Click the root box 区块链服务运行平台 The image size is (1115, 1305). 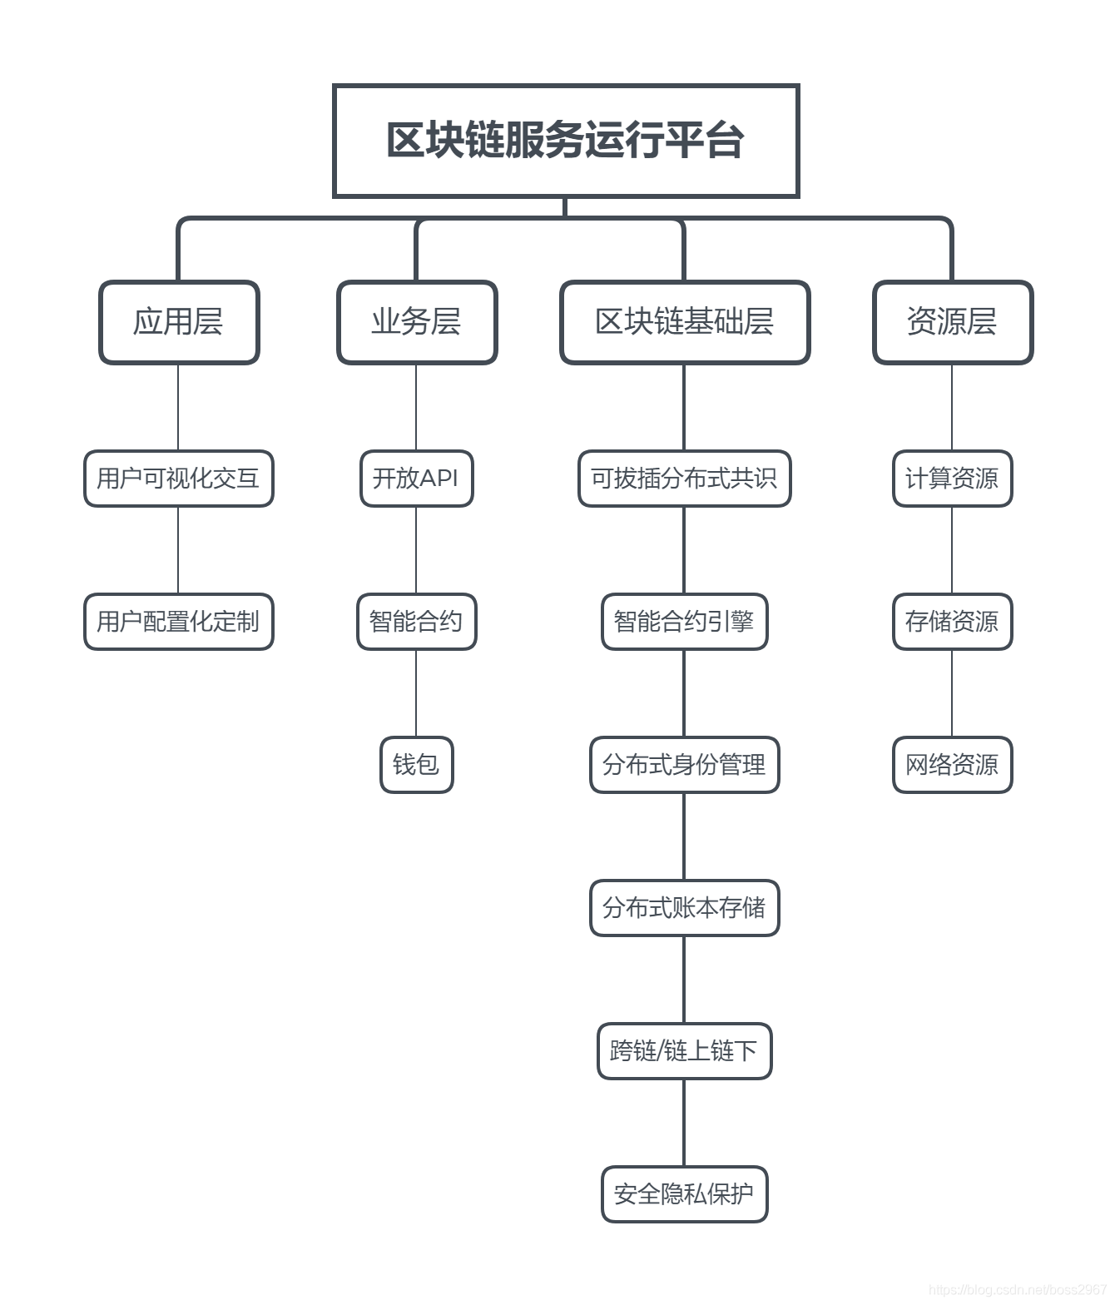[x=566, y=141]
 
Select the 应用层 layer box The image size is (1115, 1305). [x=179, y=322]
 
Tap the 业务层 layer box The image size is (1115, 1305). [x=417, y=322]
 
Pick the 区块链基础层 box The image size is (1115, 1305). [x=685, y=322]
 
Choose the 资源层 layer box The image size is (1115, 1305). [x=953, y=322]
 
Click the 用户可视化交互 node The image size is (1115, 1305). [x=179, y=479]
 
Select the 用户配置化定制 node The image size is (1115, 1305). [x=179, y=622]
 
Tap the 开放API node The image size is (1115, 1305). [x=417, y=479]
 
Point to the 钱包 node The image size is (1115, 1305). [x=417, y=765]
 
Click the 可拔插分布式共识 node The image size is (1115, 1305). [x=685, y=479]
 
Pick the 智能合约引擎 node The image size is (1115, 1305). [x=685, y=622]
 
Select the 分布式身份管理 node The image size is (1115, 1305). [x=685, y=765]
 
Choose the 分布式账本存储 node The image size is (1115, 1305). [x=685, y=908]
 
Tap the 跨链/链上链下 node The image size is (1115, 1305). [x=685, y=1051]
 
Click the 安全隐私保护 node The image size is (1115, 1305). [x=685, y=1194]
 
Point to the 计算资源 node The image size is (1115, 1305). [x=953, y=479]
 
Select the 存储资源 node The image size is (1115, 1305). [x=953, y=622]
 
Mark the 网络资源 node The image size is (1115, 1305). [x=953, y=765]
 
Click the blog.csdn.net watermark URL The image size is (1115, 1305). [x=1017, y=1290]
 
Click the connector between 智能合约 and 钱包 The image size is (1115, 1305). [x=417, y=693]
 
